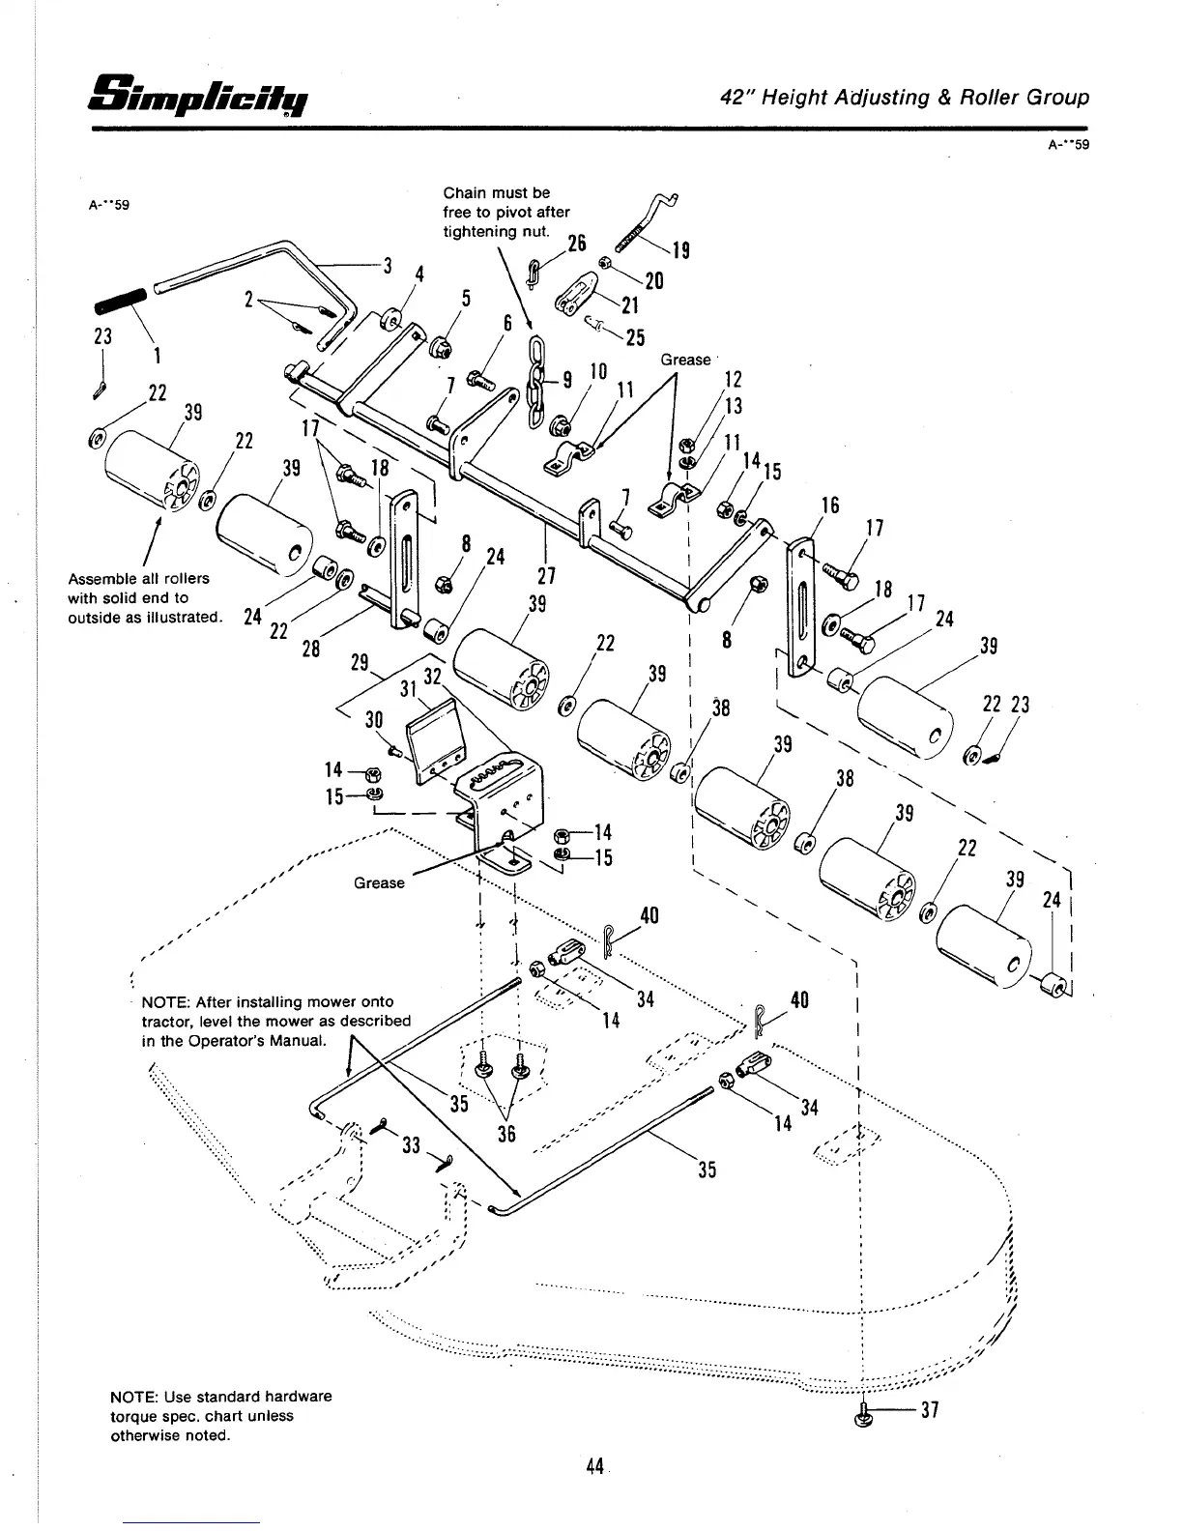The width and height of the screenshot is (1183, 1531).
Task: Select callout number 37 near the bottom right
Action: point(930,1410)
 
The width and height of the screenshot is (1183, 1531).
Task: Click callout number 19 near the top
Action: point(680,251)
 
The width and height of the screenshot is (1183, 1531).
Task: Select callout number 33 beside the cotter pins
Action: point(412,1145)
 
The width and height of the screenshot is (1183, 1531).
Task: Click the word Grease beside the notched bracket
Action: point(379,882)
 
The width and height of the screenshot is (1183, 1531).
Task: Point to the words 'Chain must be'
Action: point(496,192)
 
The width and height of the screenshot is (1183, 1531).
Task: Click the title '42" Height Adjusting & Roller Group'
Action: point(905,98)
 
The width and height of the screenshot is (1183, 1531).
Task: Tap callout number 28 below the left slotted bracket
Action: point(310,649)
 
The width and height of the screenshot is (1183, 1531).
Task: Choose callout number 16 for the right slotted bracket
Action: point(829,506)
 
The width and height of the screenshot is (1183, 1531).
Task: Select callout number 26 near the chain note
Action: point(577,245)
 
